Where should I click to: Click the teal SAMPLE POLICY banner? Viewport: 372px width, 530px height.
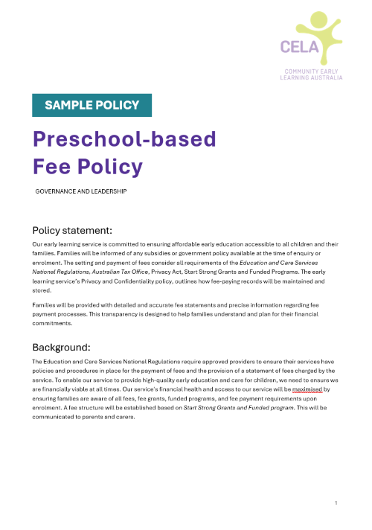(x=92, y=105)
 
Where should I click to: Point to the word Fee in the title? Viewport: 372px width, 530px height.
(x=54, y=166)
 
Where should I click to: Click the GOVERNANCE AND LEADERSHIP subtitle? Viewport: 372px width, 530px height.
(x=81, y=191)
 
